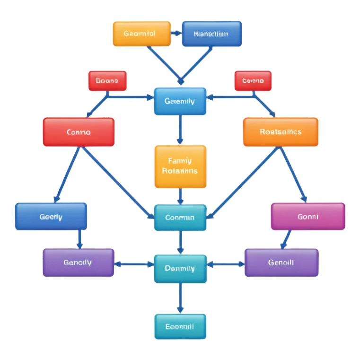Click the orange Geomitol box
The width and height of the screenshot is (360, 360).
(141, 34)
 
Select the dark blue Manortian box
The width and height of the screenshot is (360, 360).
(211, 34)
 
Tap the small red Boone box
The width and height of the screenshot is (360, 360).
(107, 81)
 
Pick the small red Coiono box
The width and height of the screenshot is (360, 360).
(253, 81)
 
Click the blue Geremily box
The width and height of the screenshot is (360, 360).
(180, 101)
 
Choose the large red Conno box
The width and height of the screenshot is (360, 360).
(79, 132)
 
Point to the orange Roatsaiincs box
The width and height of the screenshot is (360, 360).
(281, 132)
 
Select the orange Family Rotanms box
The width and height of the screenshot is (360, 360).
(180, 167)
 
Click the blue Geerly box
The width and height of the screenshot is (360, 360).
(51, 217)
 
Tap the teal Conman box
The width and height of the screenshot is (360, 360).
(180, 218)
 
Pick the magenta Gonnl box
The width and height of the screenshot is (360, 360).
(307, 217)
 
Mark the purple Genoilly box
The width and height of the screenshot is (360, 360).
(78, 263)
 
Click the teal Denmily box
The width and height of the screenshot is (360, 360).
(180, 268)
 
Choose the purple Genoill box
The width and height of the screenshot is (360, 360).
(281, 263)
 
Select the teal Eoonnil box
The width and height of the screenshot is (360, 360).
(180, 326)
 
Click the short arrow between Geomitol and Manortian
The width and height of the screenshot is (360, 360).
(176, 34)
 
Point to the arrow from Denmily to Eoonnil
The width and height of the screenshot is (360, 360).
(180, 298)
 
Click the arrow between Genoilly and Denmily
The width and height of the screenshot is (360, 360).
(134, 264)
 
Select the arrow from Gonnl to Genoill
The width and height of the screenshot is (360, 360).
(286, 239)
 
